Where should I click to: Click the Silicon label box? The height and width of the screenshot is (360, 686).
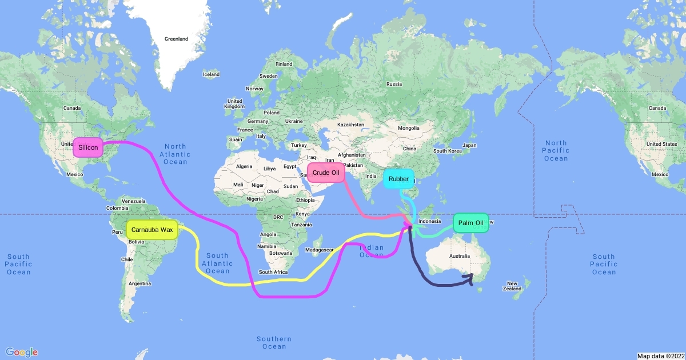coord(88,147)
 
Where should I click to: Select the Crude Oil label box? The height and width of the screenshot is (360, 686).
coord(326,173)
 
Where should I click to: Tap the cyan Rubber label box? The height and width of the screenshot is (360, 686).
coord(398,179)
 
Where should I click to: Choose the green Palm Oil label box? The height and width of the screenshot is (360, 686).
coord(470,222)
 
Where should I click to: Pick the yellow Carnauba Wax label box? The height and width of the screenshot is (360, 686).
coord(151,230)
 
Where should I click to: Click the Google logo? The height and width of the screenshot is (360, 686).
coord(22,352)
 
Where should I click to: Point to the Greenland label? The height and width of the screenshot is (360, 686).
coord(176,39)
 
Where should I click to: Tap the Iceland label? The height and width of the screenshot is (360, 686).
coord(211,74)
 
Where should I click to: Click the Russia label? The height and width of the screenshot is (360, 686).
coord(394,84)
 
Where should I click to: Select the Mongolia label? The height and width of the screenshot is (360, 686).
coord(409,128)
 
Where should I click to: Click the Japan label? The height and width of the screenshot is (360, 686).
coord(469,145)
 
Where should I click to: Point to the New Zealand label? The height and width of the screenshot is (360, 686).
coord(512,286)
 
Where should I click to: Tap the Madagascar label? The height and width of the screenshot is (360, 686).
coord(319,250)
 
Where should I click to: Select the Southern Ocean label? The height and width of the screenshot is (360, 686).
coord(274,342)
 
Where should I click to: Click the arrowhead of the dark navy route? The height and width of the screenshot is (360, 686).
coord(470,277)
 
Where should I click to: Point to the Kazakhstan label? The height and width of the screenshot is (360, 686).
coord(350,124)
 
